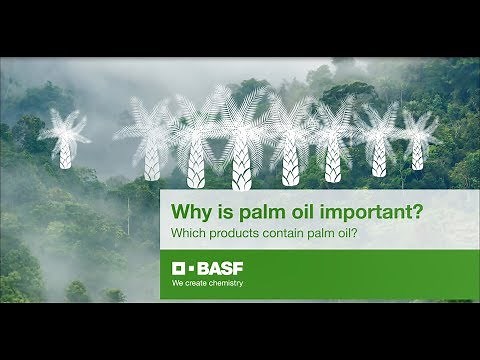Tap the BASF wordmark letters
click(x=216, y=268)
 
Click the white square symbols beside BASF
click(x=181, y=268)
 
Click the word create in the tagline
click(x=196, y=283)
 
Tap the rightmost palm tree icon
click(x=417, y=135)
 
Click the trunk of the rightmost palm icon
click(x=417, y=154)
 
